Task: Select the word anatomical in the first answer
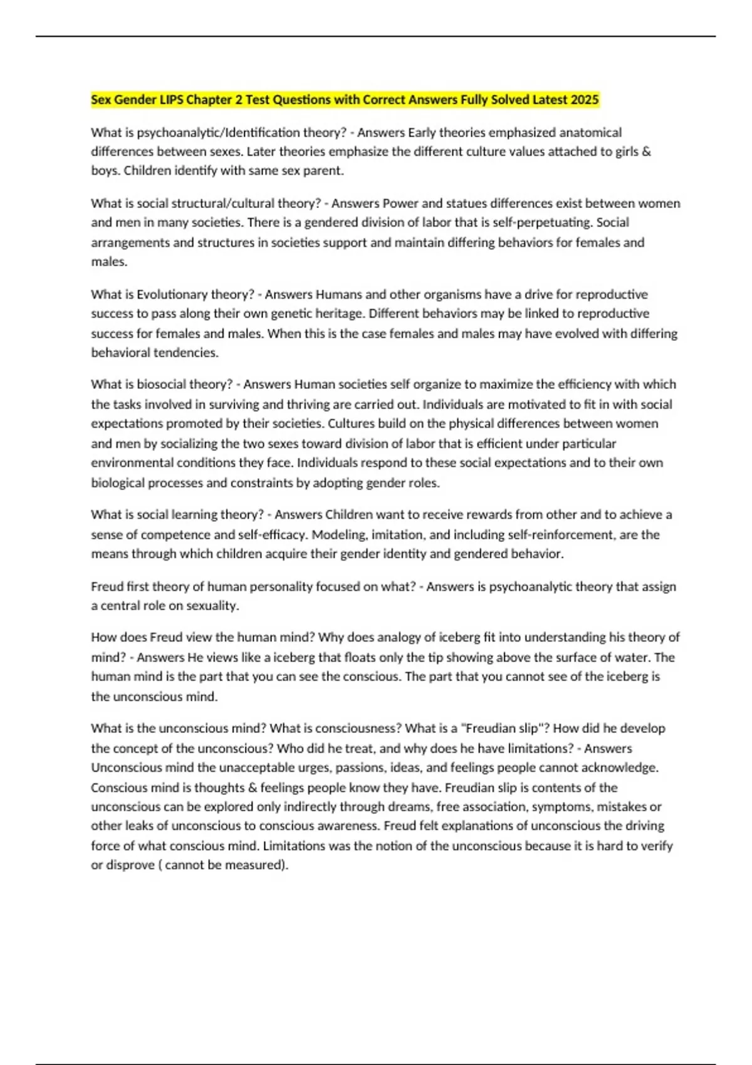pyautogui.click(x=590, y=133)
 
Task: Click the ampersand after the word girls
pyautogui.click(x=647, y=152)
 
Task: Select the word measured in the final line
pyautogui.click(x=253, y=865)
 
